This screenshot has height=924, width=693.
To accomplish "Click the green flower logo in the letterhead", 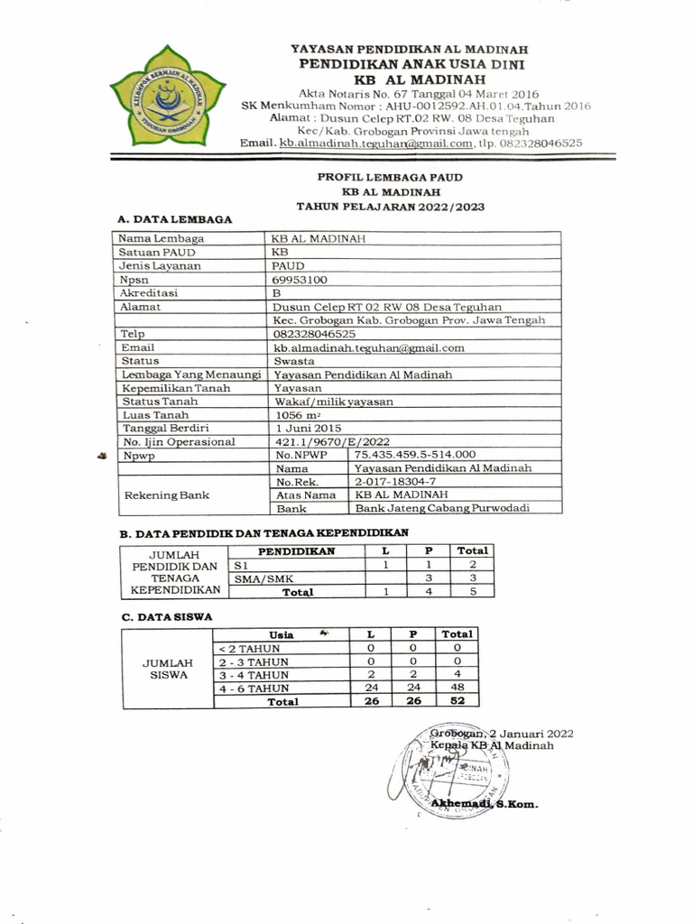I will pyautogui.click(x=167, y=96).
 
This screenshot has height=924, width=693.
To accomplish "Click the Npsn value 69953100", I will pyautogui.click(x=300, y=280).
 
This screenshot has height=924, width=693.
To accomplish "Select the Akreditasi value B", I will pyautogui.click(x=277, y=293).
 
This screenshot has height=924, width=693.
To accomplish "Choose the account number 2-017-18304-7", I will pyautogui.click(x=393, y=482).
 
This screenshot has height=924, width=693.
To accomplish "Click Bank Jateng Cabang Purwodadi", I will pyautogui.click(x=441, y=508).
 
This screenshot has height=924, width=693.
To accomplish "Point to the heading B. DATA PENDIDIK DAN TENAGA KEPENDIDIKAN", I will pyautogui.click(x=265, y=532).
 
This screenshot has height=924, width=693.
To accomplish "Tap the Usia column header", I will pyautogui.click(x=281, y=635).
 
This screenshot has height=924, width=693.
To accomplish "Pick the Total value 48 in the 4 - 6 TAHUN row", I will pyautogui.click(x=457, y=688).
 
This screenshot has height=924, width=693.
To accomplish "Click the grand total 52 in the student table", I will pyautogui.click(x=457, y=701).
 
